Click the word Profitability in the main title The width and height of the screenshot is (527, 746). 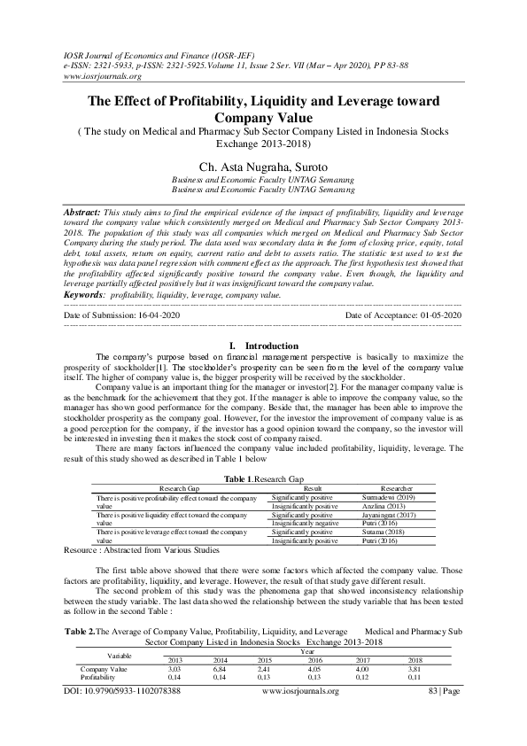click(x=230, y=102)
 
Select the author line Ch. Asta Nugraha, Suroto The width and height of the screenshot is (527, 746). click(x=263, y=165)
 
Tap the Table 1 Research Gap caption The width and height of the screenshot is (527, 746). click(x=263, y=478)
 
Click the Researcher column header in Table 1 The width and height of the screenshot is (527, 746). click(x=396, y=487)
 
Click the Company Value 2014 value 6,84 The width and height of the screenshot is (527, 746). click(x=221, y=643)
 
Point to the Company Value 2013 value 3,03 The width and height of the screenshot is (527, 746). click(x=174, y=643)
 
